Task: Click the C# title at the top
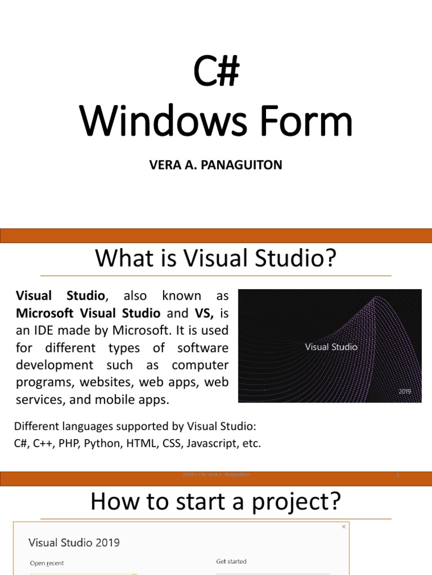point(217,72)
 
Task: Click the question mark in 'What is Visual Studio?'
point(330,258)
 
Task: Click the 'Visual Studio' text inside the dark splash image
point(331,347)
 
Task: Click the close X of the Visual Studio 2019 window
point(344,527)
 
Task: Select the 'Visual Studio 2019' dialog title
point(74,542)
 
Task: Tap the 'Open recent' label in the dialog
point(47,563)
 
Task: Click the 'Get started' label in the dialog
point(231,561)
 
